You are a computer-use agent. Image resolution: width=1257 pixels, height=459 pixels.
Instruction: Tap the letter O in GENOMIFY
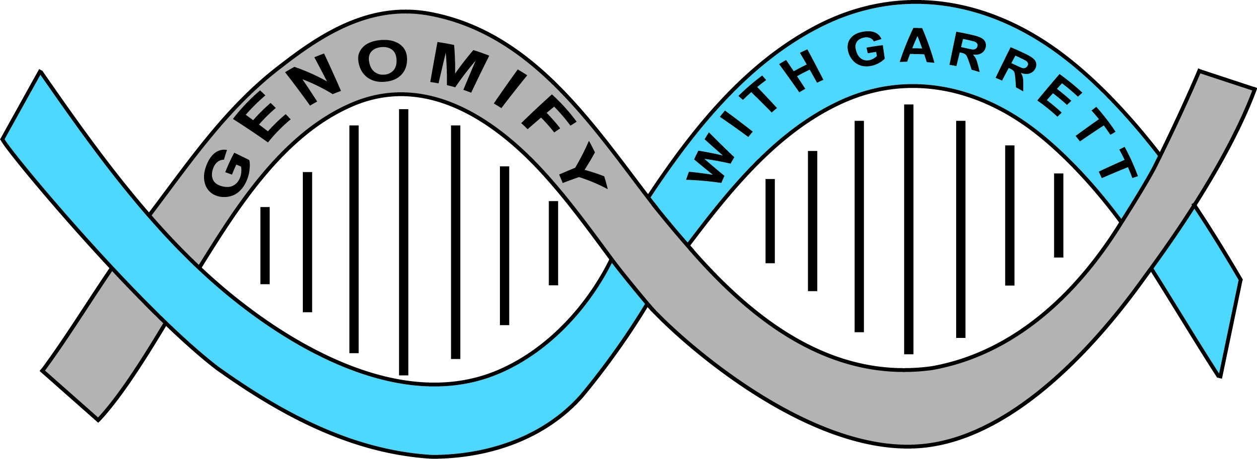[383, 63]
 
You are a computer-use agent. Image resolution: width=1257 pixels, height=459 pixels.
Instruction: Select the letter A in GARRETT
[917, 46]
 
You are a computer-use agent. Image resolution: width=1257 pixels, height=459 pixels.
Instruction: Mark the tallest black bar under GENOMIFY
[404, 242]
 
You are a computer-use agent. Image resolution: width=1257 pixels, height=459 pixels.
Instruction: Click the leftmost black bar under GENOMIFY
[265, 246]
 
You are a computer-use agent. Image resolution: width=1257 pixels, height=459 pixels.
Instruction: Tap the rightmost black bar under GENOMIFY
[554, 243]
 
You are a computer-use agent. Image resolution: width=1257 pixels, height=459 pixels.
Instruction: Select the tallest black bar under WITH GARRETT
[909, 229]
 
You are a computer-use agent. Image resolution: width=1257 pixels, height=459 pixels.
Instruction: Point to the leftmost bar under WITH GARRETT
[770, 221]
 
